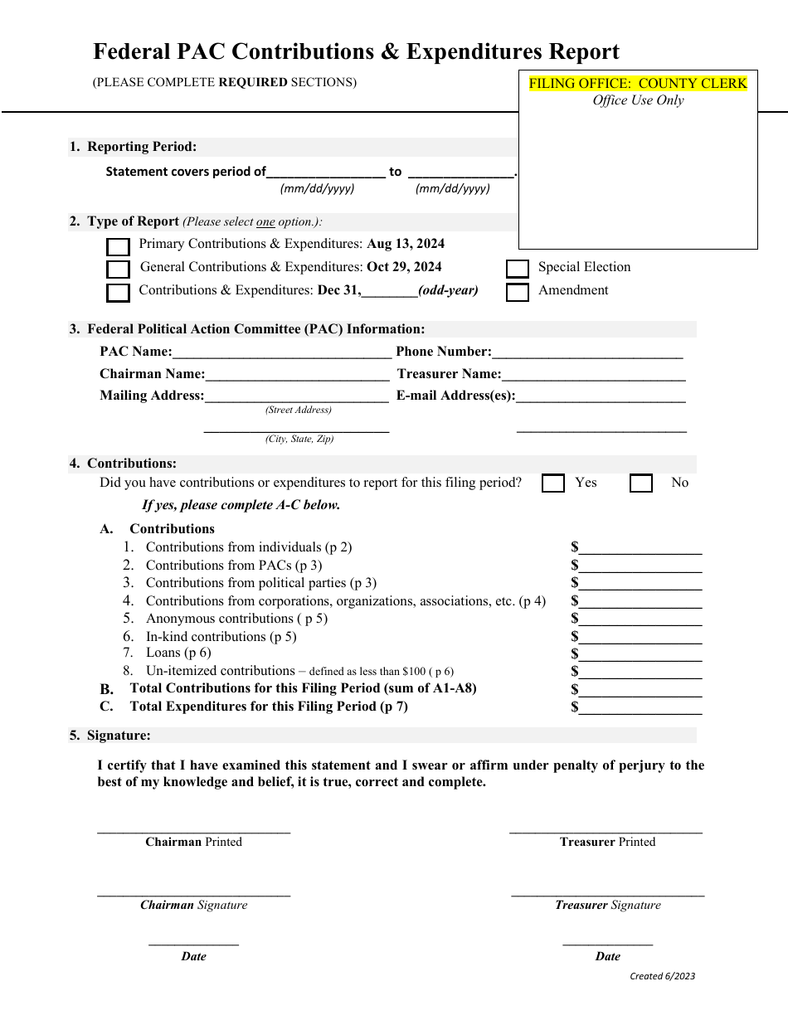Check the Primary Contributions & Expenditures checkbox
click(119, 247)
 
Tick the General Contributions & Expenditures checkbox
click(119, 270)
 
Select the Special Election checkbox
click(518, 269)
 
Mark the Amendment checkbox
click(518, 293)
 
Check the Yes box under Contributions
click(553, 483)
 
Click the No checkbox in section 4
click(641, 483)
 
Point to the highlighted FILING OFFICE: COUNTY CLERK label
click(638, 83)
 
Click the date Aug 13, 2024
click(406, 244)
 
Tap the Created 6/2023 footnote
click(662, 976)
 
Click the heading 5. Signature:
click(110, 735)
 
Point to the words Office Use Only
click(638, 100)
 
